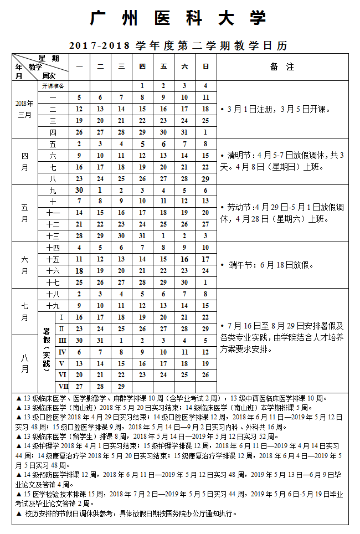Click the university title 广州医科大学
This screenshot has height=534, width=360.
[x=178, y=18]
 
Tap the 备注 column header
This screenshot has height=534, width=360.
[x=282, y=66]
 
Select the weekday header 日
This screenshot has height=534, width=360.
[x=205, y=66]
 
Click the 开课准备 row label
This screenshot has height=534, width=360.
[x=53, y=86]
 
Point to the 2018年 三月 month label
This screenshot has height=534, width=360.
[x=25, y=109]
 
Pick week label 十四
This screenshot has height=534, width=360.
[x=53, y=248]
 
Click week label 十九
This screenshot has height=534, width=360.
[x=53, y=305]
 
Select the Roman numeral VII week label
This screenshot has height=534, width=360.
[x=63, y=386]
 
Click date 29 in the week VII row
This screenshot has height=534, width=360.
[x=121, y=386]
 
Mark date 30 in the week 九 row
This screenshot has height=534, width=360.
[x=79, y=190]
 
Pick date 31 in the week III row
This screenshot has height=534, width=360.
[x=100, y=340]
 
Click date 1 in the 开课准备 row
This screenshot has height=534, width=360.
[x=142, y=86]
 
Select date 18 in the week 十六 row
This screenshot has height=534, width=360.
[x=79, y=271]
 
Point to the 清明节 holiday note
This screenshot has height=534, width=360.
[x=282, y=161]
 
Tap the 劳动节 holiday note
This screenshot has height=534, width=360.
[x=282, y=213]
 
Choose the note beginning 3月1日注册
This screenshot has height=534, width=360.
[x=275, y=109]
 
